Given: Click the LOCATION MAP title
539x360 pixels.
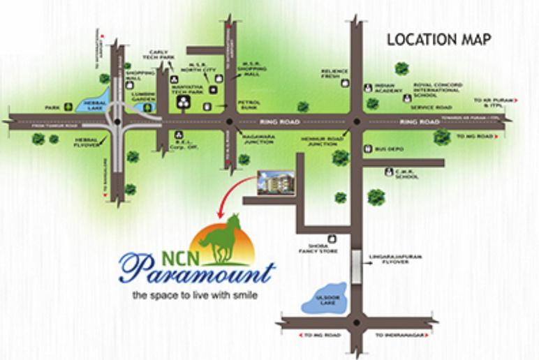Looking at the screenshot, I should pyautogui.click(x=439, y=40).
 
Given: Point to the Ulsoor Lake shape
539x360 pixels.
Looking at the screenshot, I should pyautogui.click(x=325, y=297).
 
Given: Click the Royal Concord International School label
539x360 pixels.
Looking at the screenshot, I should pyautogui.click(x=436, y=91).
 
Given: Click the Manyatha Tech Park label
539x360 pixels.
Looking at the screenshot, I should pyautogui.click(x=187, y=89).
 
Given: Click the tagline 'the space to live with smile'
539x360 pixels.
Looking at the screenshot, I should pyautogui.click(x=195, y=296).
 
